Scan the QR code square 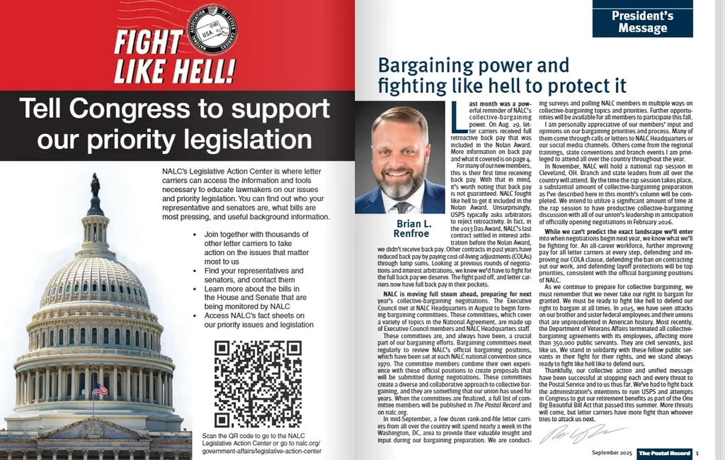pos(248,383)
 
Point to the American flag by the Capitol pos(100,389)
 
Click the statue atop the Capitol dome pos(95,185)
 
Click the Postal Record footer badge pos(663,453)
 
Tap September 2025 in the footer pos(611,453)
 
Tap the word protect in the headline pos(576,86)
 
